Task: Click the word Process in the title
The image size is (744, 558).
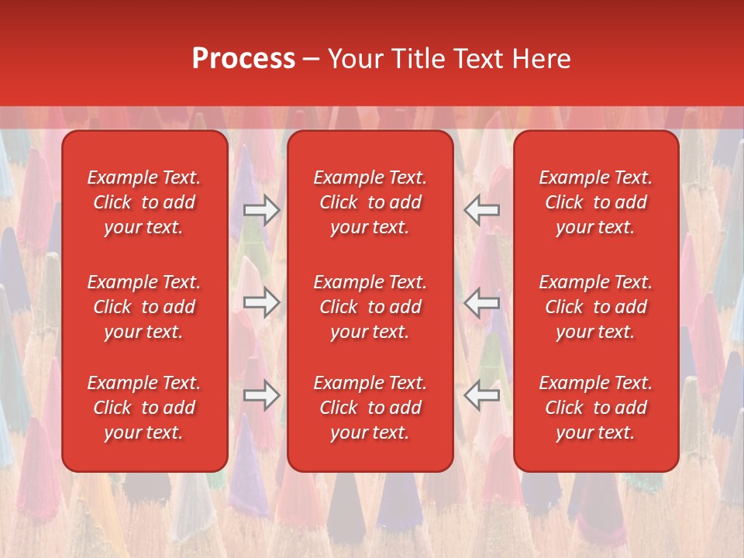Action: (243, 58)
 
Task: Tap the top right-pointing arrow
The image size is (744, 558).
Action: (261, 210)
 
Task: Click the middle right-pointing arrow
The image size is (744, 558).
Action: (261, 302)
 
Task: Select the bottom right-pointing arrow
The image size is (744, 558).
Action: (261, 395)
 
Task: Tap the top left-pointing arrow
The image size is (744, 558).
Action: (482, 210)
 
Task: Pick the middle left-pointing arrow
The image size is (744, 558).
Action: (482, 302)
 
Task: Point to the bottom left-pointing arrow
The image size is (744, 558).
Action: (482, 395)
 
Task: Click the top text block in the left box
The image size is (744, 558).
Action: (144, 202)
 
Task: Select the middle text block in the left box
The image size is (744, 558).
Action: (144, 307)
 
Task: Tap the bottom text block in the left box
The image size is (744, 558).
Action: (144, 408)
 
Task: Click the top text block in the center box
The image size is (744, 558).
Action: (370, 202)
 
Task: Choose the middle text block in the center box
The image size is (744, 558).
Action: (370, 307)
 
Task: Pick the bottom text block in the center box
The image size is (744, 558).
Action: (370, 408)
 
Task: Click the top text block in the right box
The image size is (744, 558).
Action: (595, 202)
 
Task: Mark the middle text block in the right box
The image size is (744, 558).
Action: (595, 307)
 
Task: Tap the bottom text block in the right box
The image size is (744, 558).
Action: (595, 408)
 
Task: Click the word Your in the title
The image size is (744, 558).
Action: (355, 59)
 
